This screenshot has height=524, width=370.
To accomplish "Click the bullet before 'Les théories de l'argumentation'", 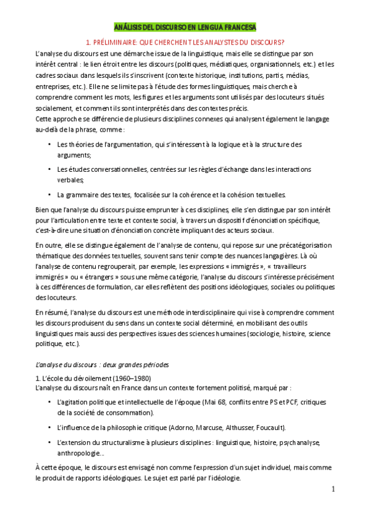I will click(49, 145).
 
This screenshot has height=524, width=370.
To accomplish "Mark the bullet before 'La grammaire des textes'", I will click(49, 194).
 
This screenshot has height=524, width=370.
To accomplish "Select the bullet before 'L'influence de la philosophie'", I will click(49, 428).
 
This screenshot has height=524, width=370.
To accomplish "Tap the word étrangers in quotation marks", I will click(84, 277).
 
